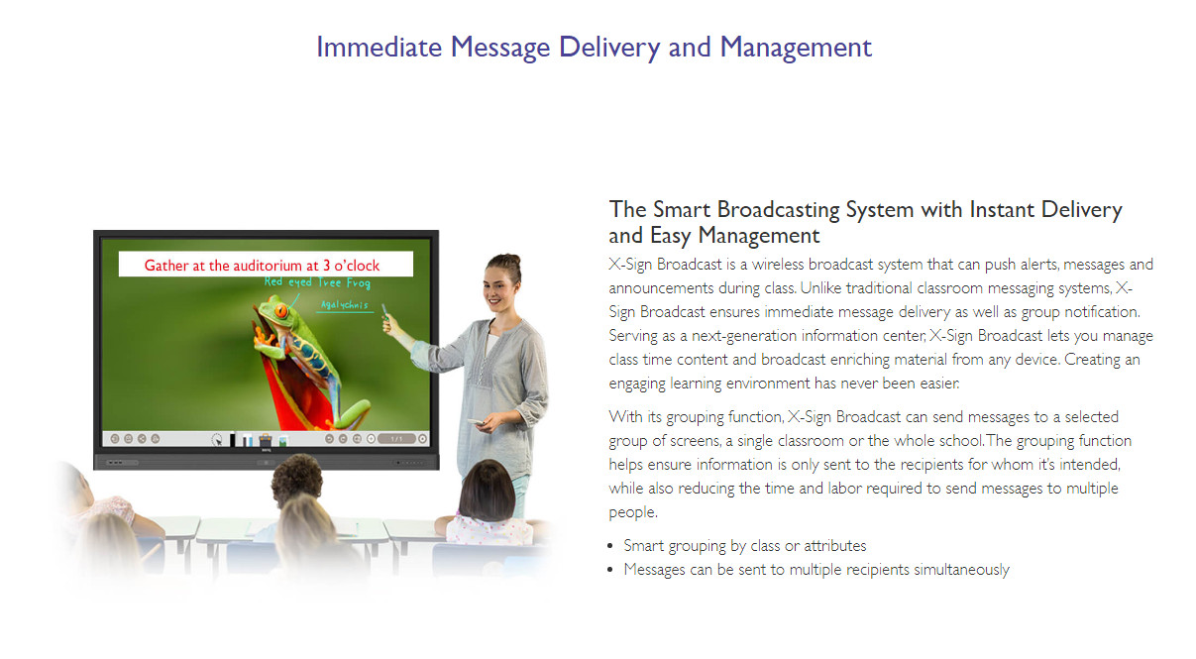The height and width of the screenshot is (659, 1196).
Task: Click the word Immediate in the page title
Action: click(x=380, y=47)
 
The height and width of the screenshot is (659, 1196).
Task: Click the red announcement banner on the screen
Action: click(x=266, y=265)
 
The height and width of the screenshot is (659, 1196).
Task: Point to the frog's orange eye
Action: click(x=280, y=311)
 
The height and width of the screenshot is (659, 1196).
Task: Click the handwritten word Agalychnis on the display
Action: click(x=345, y=304)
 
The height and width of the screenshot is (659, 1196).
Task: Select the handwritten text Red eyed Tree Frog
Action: click(x=317, y=282)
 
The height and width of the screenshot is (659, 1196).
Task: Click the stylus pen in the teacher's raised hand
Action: click(x=384, y=311)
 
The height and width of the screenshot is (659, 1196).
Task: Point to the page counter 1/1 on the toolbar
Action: click(x=396, y=439)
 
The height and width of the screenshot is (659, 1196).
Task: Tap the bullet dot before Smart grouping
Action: click(x=610, y=546)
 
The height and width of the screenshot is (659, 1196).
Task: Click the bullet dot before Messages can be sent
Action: click(x=610, y=570)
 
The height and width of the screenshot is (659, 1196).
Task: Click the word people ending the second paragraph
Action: click(x=632, y=512)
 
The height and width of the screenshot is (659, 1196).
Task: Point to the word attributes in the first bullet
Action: click(x=835, y=545)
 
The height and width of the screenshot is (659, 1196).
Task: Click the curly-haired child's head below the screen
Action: click(x=296, y=478)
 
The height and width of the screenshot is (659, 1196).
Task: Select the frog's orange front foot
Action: click(x=261, y=338)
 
